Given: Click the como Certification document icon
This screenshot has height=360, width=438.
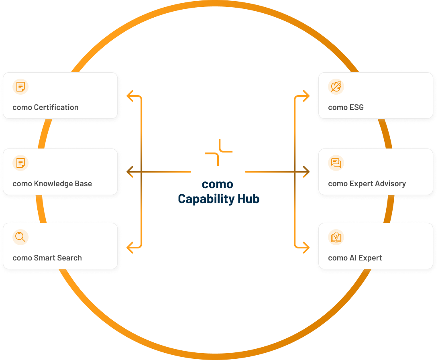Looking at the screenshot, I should (20, 87).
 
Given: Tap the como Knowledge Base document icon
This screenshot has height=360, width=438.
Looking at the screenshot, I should (20, 163).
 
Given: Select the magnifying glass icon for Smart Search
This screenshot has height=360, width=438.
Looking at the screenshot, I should (20, 237).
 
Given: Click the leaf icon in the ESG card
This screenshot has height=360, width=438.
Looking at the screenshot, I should (336, 87).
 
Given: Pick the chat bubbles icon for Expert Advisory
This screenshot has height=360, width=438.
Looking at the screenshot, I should (336, 163).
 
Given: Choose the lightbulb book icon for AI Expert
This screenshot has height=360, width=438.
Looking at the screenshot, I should (336, 237).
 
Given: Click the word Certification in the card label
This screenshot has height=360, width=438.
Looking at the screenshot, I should (56, 107).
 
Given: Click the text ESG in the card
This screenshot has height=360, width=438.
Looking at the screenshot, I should (357, 107).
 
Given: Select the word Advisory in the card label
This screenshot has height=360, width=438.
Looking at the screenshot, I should (389, 184).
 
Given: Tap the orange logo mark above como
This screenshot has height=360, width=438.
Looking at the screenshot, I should (219, 152).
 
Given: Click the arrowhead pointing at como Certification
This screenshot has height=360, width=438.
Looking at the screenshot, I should (129, 96).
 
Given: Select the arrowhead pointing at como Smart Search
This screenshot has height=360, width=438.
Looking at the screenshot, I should (129, 247).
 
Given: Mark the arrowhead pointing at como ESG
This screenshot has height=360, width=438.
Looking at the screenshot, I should (307, 96).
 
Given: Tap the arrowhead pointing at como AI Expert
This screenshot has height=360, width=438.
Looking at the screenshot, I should (307, 247).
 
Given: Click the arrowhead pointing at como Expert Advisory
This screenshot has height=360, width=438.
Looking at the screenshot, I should (307, 172).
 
